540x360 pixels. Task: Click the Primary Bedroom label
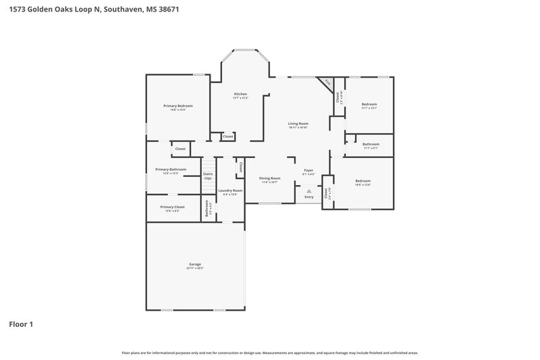pyautogui.click(x=178, y=105)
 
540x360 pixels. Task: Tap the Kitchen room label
pyautogui.click(x=240, y=94)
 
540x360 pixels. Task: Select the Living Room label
pyautogui.click(x=298, y=123)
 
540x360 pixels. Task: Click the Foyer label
pyautogui.click(x=308, y=171)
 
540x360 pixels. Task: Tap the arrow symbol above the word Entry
pyautogui.click(x=309, y=191)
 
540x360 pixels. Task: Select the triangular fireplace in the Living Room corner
pyautogui.click(x=327, y=83)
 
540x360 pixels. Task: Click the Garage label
pyautogui.click(x=195, y=264)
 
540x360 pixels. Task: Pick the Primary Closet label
pyautogui.click(x=172, y=207)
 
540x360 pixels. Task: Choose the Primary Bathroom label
pyautogui.click(x=171, y=170)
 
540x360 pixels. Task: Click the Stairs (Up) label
pyautogui.click(x=208, y=176)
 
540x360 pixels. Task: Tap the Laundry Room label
pyautogui.click(x=230, y=191)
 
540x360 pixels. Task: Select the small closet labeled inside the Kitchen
pyautogui.click(x=228, y=136)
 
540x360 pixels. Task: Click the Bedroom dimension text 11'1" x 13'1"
pyautogui.click(x=369, y=108)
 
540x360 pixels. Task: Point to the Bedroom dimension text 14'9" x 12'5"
pyautogui.click(x=362, y=184)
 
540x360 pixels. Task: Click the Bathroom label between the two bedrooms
pyautogui.click(x=371, y=144)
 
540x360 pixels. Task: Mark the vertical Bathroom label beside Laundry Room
pyautogui.click(x=207, y=209)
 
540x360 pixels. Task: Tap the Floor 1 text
pyautogui.click(x=21, y=324)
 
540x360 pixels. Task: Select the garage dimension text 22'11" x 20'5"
pyautogui.click(x=195, y=268)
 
